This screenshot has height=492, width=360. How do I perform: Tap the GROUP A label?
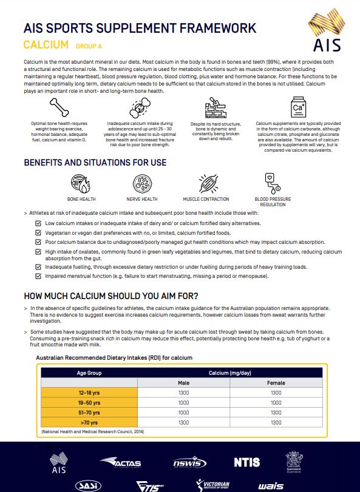pos(89,46)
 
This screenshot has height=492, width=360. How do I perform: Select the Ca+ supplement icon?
pos(298,109)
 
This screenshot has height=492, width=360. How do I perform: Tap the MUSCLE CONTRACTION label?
pos(206,199)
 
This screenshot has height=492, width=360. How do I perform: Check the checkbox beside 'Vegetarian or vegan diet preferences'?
pos(39,232)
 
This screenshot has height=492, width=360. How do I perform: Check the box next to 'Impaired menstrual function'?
pos(39,276)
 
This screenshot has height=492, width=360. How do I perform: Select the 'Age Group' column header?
pos(89,373)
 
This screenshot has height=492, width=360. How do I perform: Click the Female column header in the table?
pos(276,383)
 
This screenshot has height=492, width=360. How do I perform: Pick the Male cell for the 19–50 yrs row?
pos(184,402)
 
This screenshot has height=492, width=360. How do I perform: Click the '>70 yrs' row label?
pos(89,422)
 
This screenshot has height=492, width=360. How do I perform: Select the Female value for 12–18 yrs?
pos(276,393)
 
